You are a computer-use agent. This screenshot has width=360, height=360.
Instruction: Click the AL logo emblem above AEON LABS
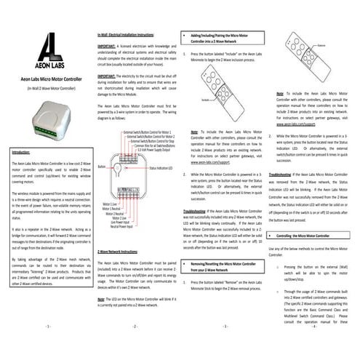pyautogui.click(x=44, y=52)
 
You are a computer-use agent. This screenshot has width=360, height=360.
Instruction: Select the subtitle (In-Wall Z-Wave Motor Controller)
pyautogui.click(x=44, y=87)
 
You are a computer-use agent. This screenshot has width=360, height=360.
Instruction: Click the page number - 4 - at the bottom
pyautogui.click(x=312, y=348)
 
